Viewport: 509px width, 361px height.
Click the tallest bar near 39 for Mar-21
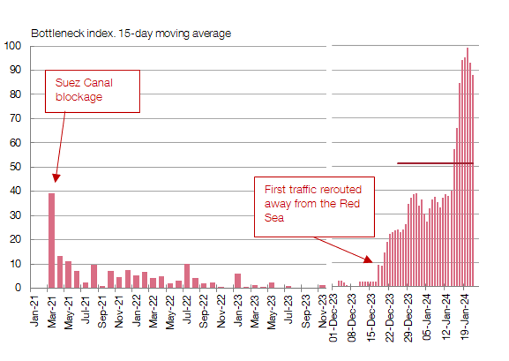[52, 240]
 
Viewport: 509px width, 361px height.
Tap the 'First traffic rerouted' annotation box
[314, 206]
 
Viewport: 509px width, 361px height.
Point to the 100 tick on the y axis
[13, 46]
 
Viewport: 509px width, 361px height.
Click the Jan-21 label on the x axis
[35, 311]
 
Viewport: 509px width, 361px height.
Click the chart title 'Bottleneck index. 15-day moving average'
[131, 34]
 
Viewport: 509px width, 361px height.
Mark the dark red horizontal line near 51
[435, 163]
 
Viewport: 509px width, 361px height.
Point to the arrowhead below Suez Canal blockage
[55, 178]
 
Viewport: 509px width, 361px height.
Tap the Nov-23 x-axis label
[324, 311]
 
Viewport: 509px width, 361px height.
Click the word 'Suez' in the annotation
[67, 83]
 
